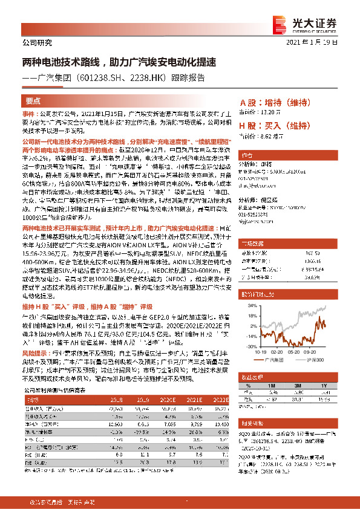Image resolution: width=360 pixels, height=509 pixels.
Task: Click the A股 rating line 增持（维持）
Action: point(275,103)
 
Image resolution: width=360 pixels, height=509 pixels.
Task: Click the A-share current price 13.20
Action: point(274,112)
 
